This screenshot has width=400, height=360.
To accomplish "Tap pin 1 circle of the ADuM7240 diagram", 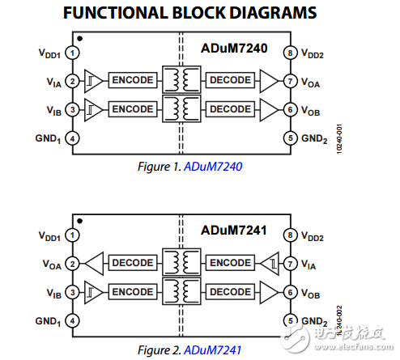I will click(72, 53).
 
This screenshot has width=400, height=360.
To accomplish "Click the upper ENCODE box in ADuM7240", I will click(133, 81).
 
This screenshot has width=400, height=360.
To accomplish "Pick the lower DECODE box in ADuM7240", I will click(230, 108).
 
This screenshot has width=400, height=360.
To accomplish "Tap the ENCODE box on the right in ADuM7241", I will click(230, 263).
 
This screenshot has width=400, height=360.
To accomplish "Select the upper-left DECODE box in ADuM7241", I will click(133, 263).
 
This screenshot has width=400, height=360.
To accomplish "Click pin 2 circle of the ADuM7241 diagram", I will click(72, 263).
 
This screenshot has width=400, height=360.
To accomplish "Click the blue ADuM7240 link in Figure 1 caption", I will click(213, 167).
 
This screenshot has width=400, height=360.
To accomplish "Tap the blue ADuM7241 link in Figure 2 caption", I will click(213, 349).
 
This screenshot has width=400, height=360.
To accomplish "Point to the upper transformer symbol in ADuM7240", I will click(181, 80).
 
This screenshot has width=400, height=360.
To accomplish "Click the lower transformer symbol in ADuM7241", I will click(181, 291).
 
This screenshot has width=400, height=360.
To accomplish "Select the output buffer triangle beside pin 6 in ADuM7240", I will click(267, 108).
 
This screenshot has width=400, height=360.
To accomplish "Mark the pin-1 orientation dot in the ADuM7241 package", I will click(79, 220).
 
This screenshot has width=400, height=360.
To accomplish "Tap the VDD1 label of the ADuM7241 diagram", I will click(48, 235).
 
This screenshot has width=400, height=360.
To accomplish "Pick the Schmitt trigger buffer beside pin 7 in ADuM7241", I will click(267, 263).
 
